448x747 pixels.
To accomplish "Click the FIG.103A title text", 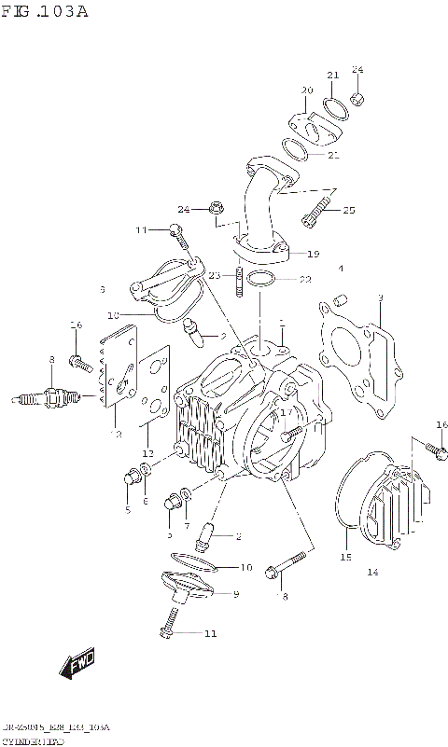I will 44,12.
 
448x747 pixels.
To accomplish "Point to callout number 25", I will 348,211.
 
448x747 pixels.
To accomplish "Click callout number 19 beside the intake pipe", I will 313,254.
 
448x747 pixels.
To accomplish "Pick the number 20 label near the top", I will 305,90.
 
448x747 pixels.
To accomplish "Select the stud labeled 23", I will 240,282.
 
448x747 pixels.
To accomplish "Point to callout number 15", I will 344,558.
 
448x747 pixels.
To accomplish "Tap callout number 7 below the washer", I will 187,526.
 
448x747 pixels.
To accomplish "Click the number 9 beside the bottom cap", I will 235,594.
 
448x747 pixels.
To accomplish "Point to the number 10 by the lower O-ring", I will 245,567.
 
